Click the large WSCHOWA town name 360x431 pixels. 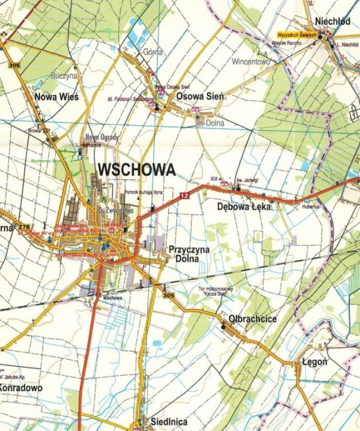(136, 170)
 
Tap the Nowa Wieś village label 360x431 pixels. (56, 97)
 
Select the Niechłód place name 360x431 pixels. (332, 21)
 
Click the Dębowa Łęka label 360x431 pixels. (244, 206)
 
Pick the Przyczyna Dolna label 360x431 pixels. (189, 254)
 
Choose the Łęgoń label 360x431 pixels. (315, 362)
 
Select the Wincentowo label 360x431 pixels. (251, 61)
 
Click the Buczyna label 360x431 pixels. (64, 75)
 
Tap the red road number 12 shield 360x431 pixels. (184, 196)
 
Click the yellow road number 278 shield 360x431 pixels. (24, 228)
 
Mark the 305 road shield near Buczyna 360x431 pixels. (14, 66)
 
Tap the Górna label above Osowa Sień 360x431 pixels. (154, 51)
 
